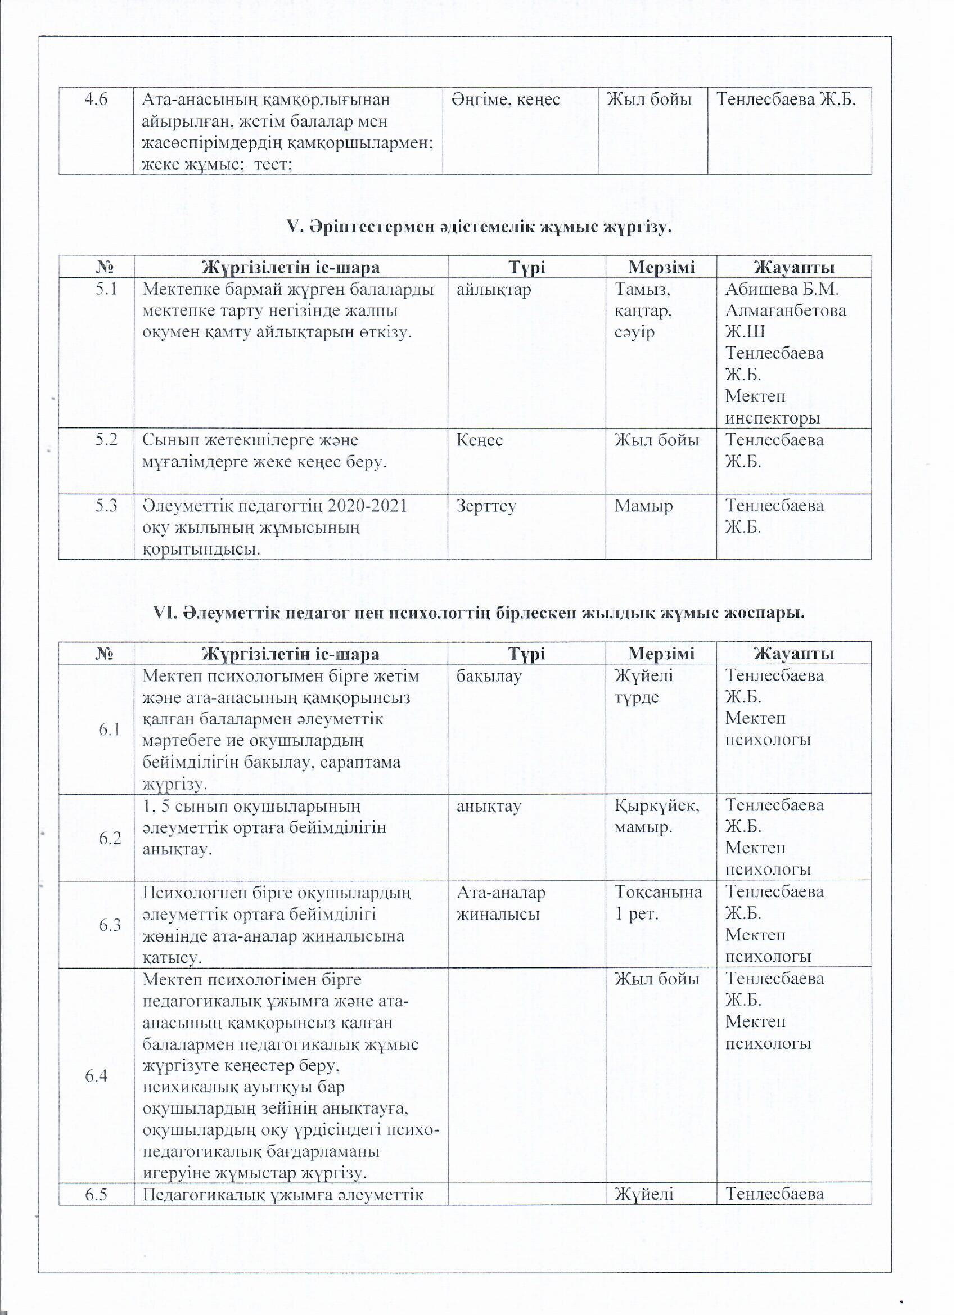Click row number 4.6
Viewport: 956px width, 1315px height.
[x=96, y=100]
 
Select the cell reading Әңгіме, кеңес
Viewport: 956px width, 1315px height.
[x=506, y=100]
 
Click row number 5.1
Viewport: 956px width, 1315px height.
[x=107, y=288]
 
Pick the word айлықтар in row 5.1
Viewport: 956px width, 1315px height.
[x=493, y=289]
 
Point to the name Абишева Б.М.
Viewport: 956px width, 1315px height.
[x=782, y=289]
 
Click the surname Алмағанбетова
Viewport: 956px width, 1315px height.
[x=786, y=310]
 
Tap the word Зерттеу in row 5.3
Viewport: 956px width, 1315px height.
[x=486, y=506]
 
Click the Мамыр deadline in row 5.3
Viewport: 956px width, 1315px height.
[x=643, y=506]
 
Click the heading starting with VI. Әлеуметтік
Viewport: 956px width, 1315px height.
[x=479, y=612]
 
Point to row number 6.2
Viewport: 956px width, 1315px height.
[x=110, y=837]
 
